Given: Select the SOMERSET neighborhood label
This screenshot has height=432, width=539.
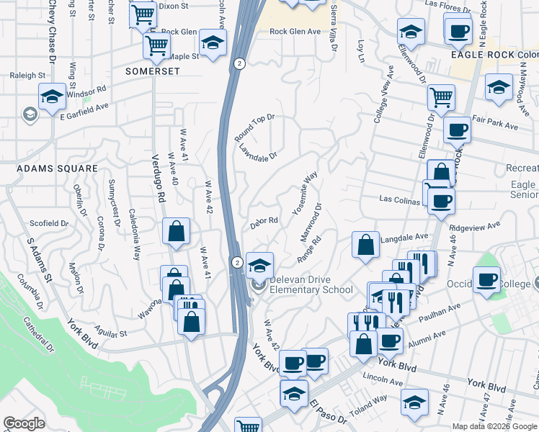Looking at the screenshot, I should pyautogui.click(x=151, y=71).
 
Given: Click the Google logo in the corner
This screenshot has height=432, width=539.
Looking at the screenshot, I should pyautogui.click(x=24, y=423).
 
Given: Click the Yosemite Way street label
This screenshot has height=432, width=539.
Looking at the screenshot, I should pyautogui.click(x=306, y=193).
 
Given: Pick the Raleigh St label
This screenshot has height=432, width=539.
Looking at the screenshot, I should pyautogui.click(x=27, y=75).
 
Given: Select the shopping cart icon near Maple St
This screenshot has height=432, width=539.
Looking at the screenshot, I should pyautogui.click(x=156, y=45).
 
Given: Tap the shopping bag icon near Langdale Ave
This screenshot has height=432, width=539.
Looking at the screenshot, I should pyautogui.click(x=366, y=244).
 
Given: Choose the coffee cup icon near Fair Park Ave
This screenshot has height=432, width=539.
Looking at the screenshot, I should pyautogui.click(x=457, y=130).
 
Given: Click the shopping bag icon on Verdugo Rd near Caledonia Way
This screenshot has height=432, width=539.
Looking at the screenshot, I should pyautogui.click(x=177, y=231).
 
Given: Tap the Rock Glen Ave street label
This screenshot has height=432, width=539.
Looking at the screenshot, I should pyautogui.click(x=295, y=32).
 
